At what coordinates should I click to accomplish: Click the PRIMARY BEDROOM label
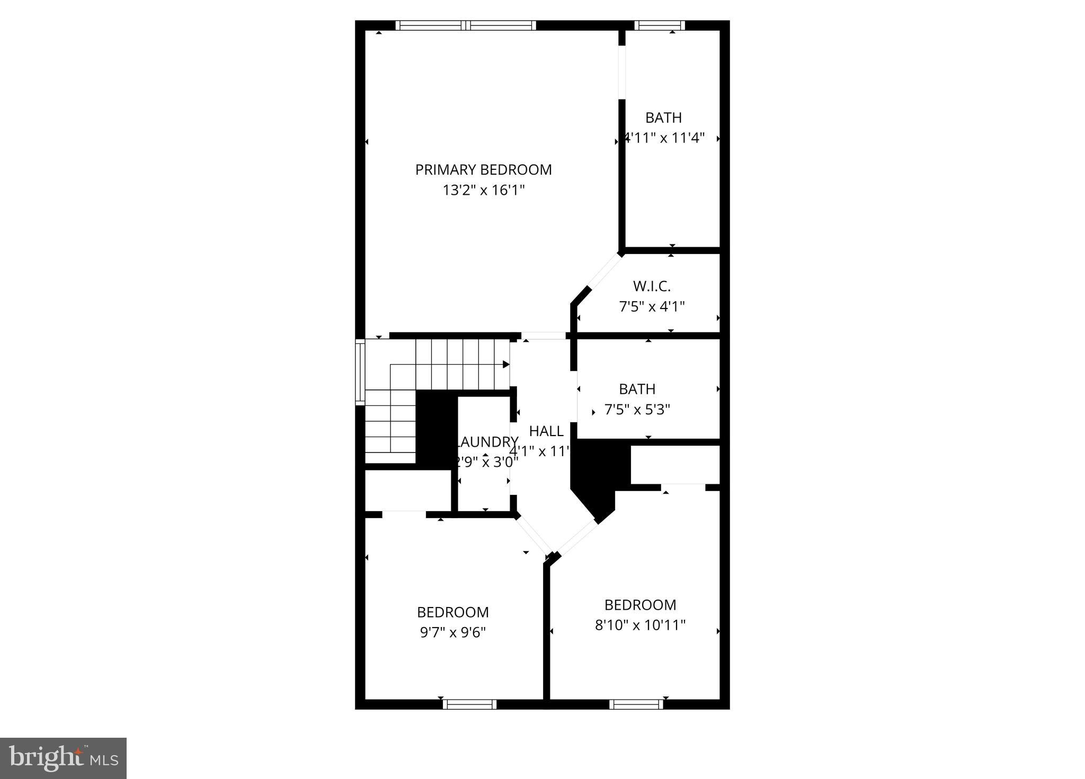(x=483, y=170)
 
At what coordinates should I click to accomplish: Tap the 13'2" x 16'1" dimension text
(x=483, y=190)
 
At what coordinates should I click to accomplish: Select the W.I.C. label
(x=652, y=286)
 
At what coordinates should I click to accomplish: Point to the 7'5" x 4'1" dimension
(x=652, y=306)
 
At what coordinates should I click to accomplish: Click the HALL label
(x=546, y=431)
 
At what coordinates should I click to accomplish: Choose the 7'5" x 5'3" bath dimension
(x=637, y=410)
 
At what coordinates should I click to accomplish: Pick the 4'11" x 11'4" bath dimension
(x=664, y=138)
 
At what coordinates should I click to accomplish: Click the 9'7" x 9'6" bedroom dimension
(x=452, y=632)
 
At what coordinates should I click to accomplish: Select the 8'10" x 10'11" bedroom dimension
(x=640, y=625)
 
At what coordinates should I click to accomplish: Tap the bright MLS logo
(x=63, y=758)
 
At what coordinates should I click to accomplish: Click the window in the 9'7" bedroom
(x=469, y=704)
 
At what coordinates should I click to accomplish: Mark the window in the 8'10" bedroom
(x=636, y=704)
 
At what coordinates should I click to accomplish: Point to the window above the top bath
(x=659, y=25)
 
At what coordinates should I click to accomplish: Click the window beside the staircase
(x=360, y=372)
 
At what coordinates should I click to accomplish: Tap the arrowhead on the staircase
(x=506, y=365)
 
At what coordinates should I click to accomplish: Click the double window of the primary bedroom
(x=466, y=25)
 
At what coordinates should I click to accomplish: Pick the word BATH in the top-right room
(x=663, y=117)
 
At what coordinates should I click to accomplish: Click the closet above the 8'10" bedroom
(x=674, y=464)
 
